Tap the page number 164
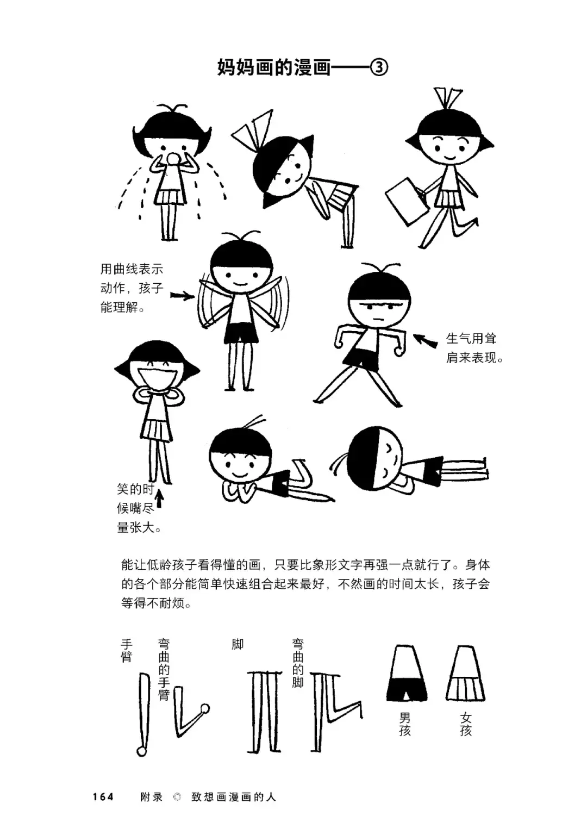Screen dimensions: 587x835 click(103, 797)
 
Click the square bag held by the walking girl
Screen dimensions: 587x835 click(406, 202)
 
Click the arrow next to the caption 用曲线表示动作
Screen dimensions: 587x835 click(182, 296)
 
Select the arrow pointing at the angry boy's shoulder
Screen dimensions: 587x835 click(425, 340)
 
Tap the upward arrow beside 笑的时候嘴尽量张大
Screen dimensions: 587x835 click(159, 498)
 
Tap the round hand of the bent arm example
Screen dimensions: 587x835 click(204, 709)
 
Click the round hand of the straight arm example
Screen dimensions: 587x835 click(142, 751)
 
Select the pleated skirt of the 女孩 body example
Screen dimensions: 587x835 click(465, 689)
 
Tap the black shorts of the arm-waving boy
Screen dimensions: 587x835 click(241, 333)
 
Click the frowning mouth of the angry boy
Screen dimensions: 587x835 click(378, 319)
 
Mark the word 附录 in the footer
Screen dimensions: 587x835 click(151, 797)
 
